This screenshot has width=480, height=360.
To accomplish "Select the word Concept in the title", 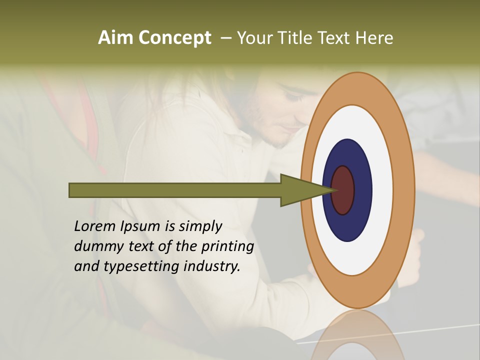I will click(x=174, y=38).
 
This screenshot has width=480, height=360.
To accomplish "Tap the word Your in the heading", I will click(x=253, y=37).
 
